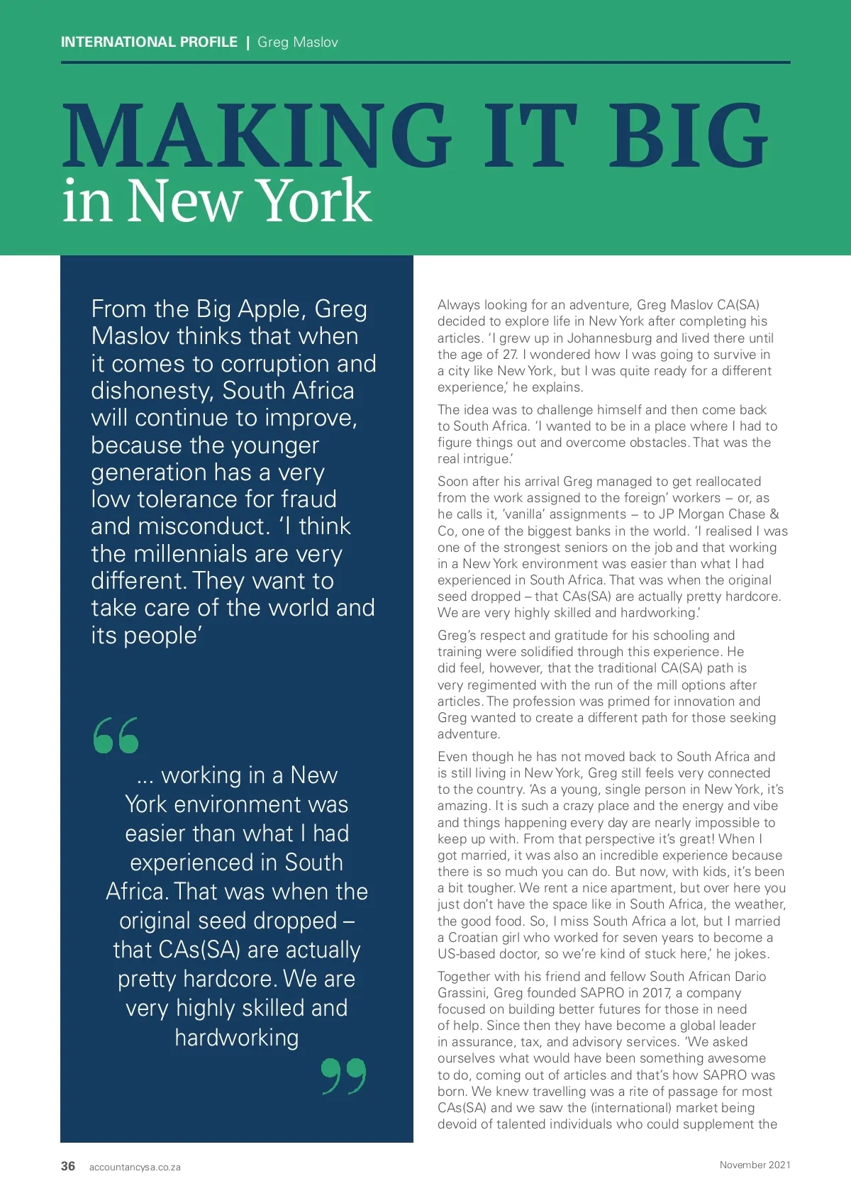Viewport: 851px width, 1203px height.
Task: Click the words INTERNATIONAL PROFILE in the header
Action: tap(149, 42)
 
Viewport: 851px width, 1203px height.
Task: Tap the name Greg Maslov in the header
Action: tap(298, 42)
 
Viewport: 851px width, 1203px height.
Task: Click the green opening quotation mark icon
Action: tap(116, 736)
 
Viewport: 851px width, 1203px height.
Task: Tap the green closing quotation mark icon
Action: tap(344, 1076)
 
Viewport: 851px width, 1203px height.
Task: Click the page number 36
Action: tap(68, 1166)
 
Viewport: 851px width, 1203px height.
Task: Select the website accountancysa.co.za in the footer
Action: tap(135, 1167)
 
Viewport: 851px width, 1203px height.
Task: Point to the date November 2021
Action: tap(755, 1165)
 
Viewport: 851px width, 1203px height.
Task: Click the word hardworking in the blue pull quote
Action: tap(237, 1038)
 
